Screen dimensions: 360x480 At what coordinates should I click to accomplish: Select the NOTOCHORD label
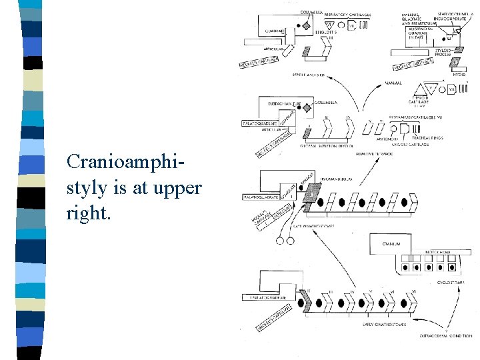[x=439, y=253]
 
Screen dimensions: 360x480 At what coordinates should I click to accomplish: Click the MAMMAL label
[x=393, y=83]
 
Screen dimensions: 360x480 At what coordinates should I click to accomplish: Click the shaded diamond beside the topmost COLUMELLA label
[x=307, y=26]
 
